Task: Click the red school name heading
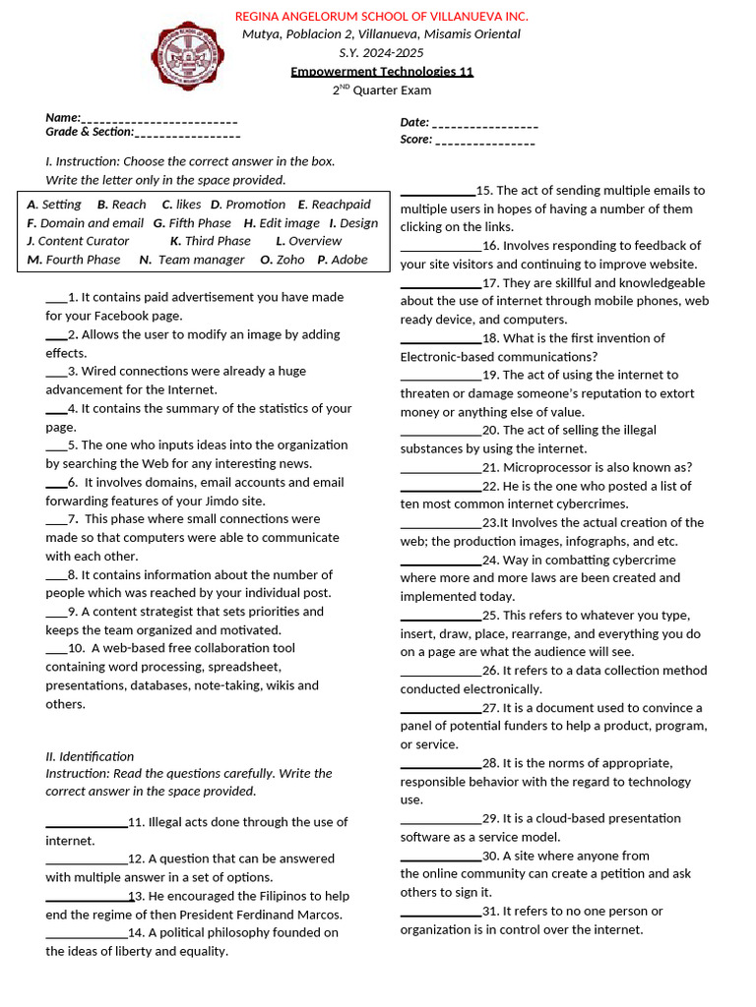[x=381, y=16]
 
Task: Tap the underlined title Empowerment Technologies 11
[x=382, y=72]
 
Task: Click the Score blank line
[x=484, y=141]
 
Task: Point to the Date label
[x=414, y=122]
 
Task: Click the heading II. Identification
[x=90, y=756]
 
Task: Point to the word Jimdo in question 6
[x=244, y=501]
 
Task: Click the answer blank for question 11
[x=86, y=823]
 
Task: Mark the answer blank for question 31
[x=440, y=912]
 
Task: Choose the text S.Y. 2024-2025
[x=381, y=53]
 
